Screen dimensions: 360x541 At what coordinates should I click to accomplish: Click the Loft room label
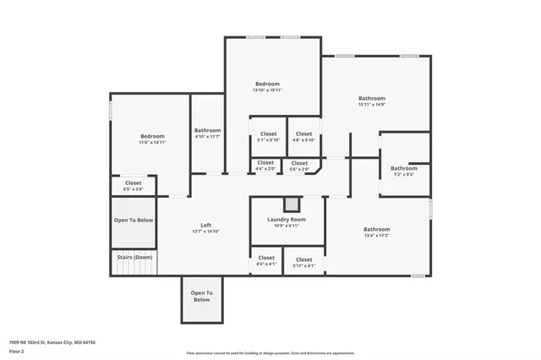pos(206,227)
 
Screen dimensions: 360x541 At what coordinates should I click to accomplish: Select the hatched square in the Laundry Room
pos(291,204)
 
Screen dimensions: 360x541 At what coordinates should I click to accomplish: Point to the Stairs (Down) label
pos(134,257)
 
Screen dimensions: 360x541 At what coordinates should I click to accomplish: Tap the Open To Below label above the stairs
pos(134,220)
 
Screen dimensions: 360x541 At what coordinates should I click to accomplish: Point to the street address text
pos(53,341)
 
